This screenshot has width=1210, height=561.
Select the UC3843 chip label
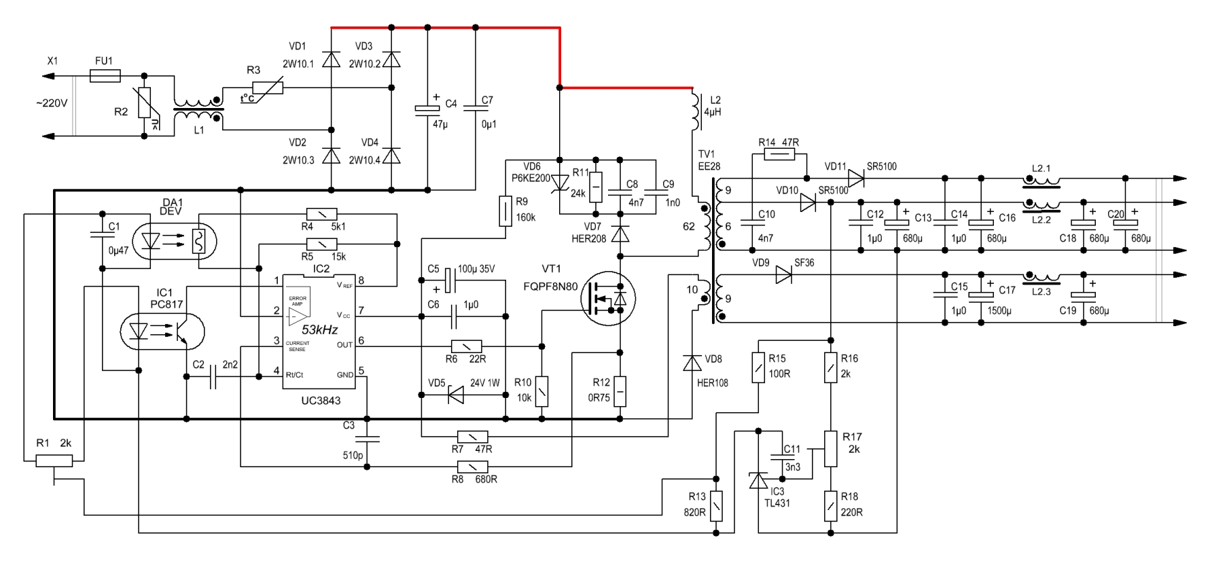[x=321, y=401]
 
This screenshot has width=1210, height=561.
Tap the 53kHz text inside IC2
[x=320, y=329]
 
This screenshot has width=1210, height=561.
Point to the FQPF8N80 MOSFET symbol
[x=609, y=298]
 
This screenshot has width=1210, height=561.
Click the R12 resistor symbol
[x=620, y=392]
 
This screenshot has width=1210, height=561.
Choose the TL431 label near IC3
[x=777, y=503]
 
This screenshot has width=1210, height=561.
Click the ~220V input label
[x=52, y=104]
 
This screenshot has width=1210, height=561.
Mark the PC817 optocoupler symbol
[x=162, y=331]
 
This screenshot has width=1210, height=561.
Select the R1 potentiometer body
[x=54, y=461]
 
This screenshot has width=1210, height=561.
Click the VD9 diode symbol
[x=783, y=275]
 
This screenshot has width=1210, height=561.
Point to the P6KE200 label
[x=531, y=178]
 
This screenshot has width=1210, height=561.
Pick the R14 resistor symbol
[x=779, y=155]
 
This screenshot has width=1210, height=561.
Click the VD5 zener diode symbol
[x=455, y=395]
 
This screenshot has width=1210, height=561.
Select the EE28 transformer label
[x=709, y=166]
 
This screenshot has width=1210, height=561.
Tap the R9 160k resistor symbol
[x=505, y=211]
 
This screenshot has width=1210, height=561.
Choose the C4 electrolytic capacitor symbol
[x=427, y=109]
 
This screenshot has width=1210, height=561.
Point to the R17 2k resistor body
[x=830, y=449]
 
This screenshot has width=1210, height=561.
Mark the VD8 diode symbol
[x=692, y=363]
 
